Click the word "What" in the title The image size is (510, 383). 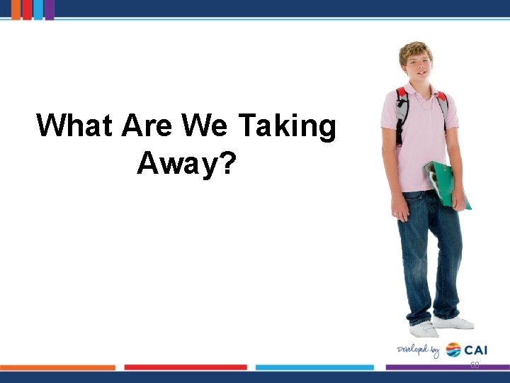(75, 126)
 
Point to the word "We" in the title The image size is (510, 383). (205, 126)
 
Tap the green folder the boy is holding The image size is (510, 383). (446, 184)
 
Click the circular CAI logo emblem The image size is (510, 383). (453, 350)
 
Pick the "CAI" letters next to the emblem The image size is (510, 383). (476, 350)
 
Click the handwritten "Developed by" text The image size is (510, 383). (419, 350)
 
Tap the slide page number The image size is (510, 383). (475, 365)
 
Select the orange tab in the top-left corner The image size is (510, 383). (16, 9)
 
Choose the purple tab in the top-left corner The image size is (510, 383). (50, 9)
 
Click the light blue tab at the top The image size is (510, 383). (38, 9)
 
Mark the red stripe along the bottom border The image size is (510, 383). (186, 367)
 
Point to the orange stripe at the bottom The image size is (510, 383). (57, 367)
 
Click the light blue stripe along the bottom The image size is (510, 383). (314, 367)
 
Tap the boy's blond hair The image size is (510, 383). (416, 48)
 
